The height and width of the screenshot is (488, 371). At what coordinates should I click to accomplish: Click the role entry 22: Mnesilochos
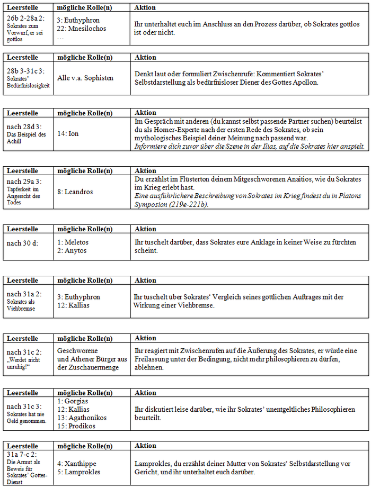coord(79,29)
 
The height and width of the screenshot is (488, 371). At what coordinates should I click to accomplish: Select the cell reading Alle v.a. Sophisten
coord(85,78)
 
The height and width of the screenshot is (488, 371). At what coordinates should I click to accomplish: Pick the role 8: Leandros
coord(75,192)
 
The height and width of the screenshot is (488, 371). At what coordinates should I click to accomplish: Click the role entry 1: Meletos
coord(73,242)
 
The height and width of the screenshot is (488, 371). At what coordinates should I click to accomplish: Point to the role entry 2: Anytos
coord(72,250)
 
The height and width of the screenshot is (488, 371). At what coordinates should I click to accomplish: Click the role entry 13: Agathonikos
coord(82,418)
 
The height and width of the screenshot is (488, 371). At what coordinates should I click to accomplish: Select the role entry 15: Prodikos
coord(76,426)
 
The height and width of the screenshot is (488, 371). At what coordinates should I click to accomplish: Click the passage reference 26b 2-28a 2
coord(26,18)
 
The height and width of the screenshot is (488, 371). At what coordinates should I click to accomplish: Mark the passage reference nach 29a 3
coord(24,180)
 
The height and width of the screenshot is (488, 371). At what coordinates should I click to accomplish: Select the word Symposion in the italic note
coord(153,204)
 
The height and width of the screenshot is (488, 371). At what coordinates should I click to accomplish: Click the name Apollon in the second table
coord(304,82)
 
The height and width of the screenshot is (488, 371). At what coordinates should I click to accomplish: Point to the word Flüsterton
coord(188,179)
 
